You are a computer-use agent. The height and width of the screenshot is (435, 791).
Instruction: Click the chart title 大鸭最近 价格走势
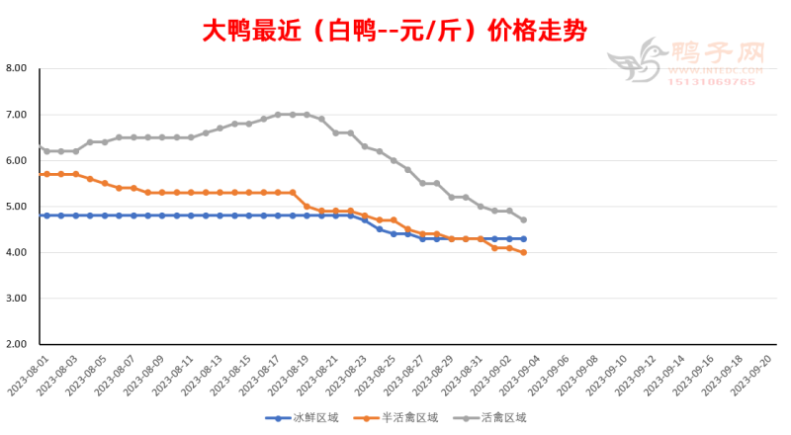[x=395, y=32]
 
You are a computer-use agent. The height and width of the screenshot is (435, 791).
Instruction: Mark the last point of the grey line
[x=523, y=219]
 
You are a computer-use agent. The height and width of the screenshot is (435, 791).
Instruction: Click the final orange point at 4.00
[x=523, y=252]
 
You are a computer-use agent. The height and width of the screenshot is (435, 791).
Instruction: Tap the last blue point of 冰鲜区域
[x=523, y=238]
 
